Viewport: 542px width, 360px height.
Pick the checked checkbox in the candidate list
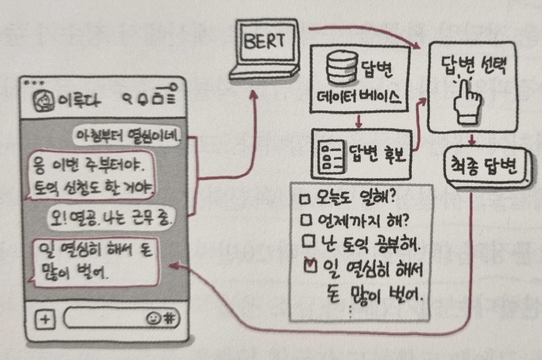point(310,266)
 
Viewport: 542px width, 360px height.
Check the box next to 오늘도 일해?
point(305,199)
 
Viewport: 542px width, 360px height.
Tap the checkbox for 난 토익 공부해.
point(308,242)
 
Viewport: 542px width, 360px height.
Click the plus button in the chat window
point(45,319)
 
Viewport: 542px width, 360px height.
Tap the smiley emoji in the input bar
point(153,318)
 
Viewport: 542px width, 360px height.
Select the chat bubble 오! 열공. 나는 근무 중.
point(111,218)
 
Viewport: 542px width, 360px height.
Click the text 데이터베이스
point(359,97)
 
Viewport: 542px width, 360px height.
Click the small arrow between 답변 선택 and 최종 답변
point(472,141)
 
